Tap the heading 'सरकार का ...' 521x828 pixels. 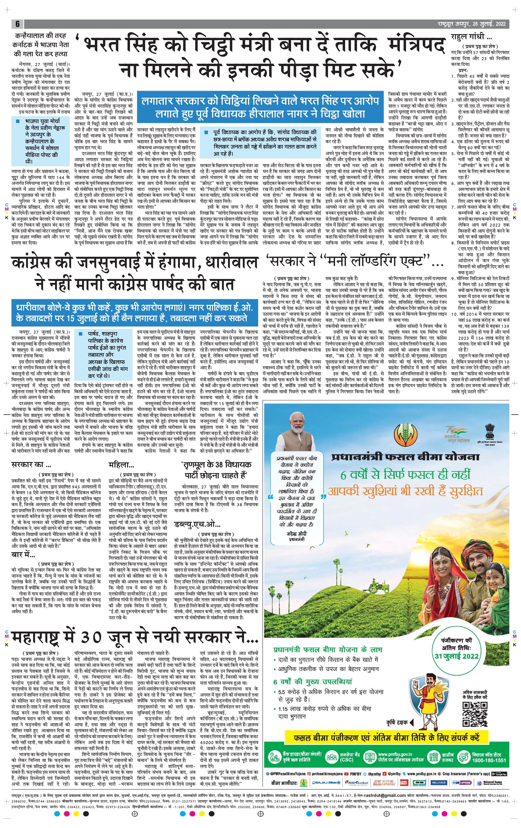pyautogui.click(x=29, y=465)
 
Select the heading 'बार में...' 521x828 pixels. pyautogui.click(x=23, y=554)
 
